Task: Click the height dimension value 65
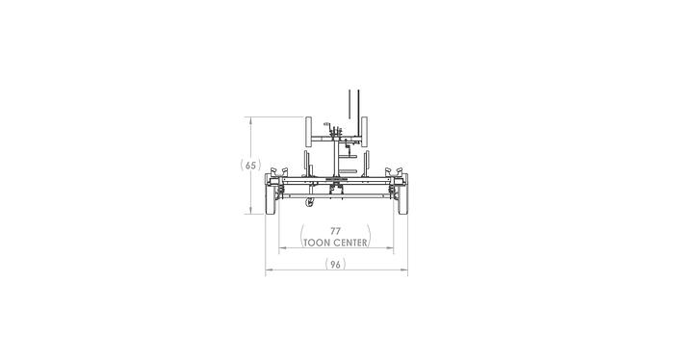pos(251,166)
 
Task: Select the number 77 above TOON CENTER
pos(335,231)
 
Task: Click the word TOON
pos(317,243)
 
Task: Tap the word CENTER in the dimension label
pos(350,243)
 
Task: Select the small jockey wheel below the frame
pos(309,203)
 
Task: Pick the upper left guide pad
pos(308,131)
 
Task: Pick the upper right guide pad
pos(366,131)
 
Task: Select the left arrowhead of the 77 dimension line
pos(281,249)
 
